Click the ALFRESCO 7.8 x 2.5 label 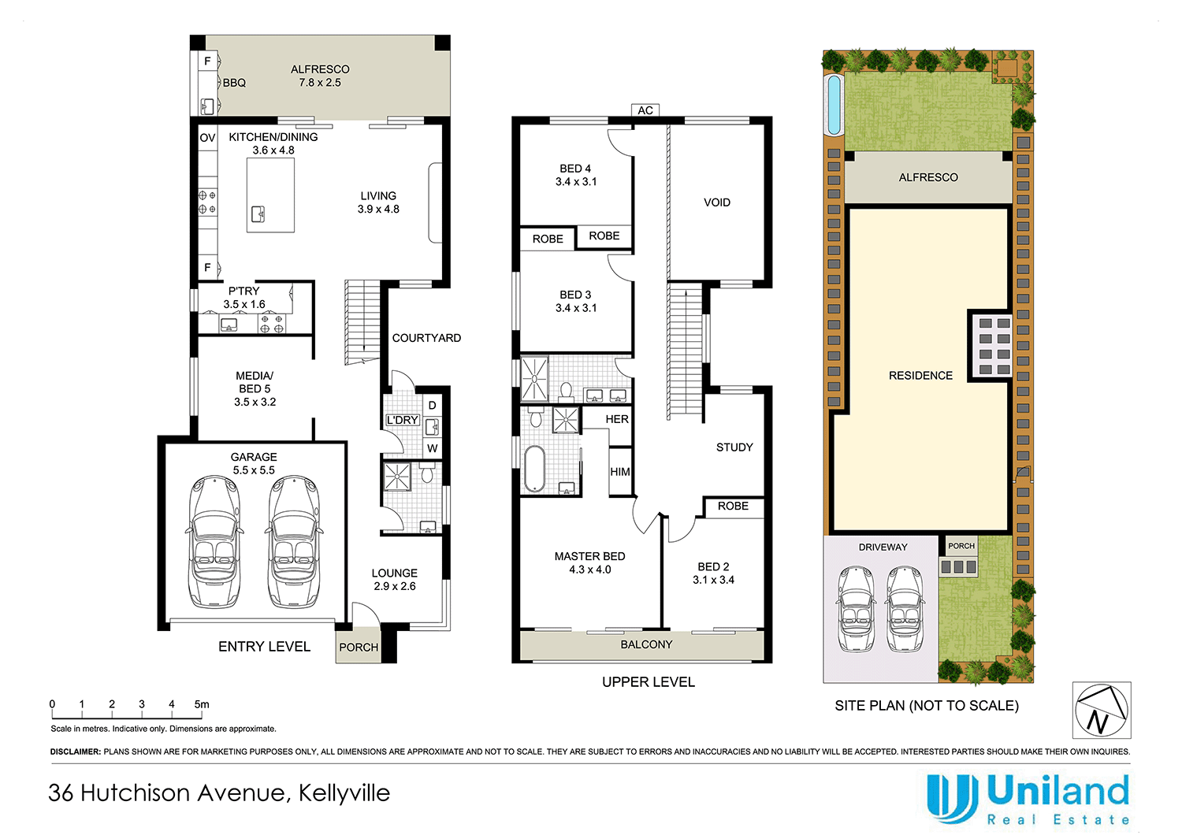[x=319, y=76]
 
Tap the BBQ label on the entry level [x=234, y=83]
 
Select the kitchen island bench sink [x=258, y=213]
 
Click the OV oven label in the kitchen [x=207, y=138]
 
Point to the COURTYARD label [x=426, y=338]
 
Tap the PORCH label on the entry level [x=359, y=648]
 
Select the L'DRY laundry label [x=402, y=421]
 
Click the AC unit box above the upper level [x=645, y=110]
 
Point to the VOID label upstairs [x=716, y=202]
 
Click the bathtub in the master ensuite [x=534, y=469]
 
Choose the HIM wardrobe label [x=620, y=472]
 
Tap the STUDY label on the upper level [x=734, y=447]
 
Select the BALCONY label [x=646, y=644]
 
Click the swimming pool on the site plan [x=834, y=104]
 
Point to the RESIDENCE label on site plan [x=920, y=376]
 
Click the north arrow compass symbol [x=1101, y=710]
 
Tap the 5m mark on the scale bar [x=202, y=705]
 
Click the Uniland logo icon [x=952, y=797]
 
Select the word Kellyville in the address [x=344, y=792]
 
